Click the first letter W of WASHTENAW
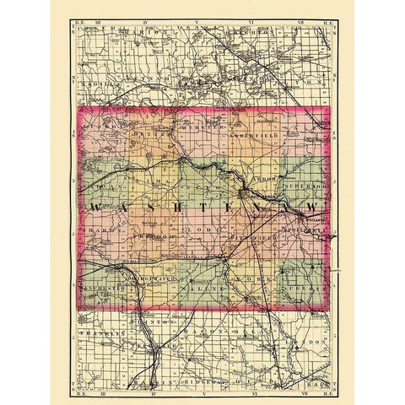pyautogui.click(x=94, y=208)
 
